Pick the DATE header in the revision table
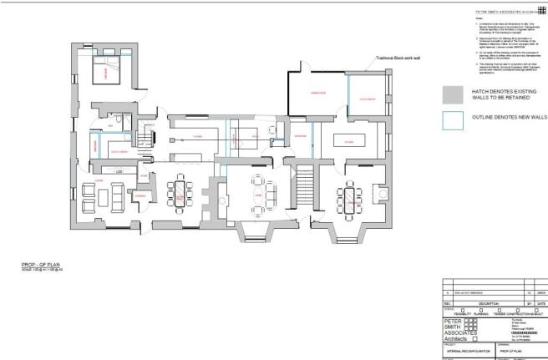point(542,304)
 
